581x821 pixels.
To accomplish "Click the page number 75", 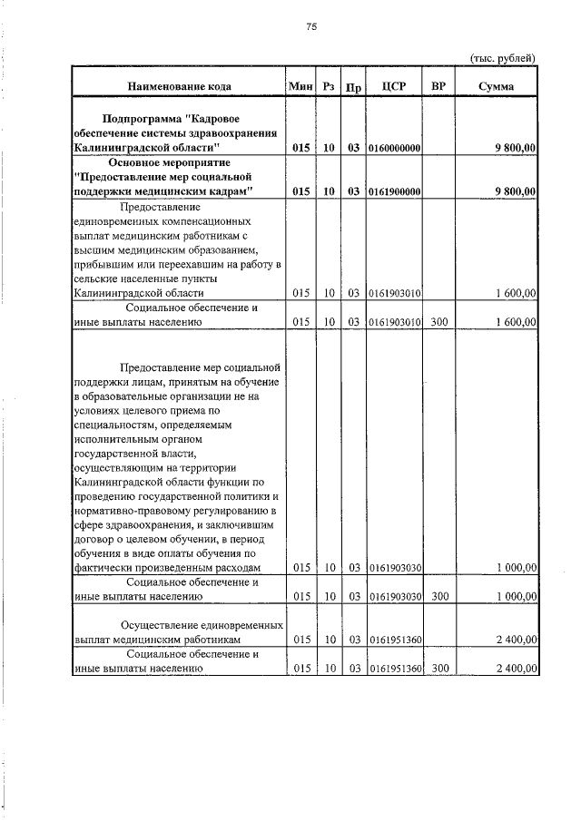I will pyautogui.click(x=310, y=27).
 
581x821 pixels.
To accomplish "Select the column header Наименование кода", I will pyautogui.click(x=179, y=87).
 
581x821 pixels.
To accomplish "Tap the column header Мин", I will pyautogui.click(x=300, y=87).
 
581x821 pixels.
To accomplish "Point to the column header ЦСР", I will pyautogui.click(x=394, y=87).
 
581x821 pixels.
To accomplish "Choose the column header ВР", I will pyautogui.click(x=439, y=87).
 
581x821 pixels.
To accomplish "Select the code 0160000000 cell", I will pyautogui.click(x=394, y=147).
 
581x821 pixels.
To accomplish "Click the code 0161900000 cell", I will pyautogui.click(x=394, y=191).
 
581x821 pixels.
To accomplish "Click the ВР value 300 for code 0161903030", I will pyautogui.click(x=439, y=596).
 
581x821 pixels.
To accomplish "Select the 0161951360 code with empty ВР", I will pyautogui.click(x=394, y=640).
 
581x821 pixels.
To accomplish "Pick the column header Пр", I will pyautogui.click(x=354, y=88).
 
